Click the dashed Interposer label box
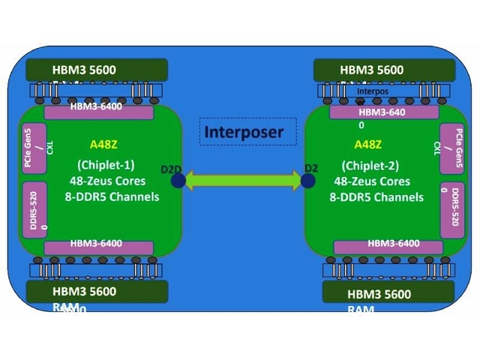[x=244, y=132]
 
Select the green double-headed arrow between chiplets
[x=243, y=180]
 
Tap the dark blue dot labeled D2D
[x=178, y=180]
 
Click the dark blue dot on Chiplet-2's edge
[x=307, y=180]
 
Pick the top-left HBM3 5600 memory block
[x=96, y=70]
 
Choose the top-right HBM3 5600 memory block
[x=385, y=70]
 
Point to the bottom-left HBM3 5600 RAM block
[x=96, y=292]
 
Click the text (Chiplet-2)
[x=370, y=165]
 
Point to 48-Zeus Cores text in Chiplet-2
[x=370, y=181]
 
